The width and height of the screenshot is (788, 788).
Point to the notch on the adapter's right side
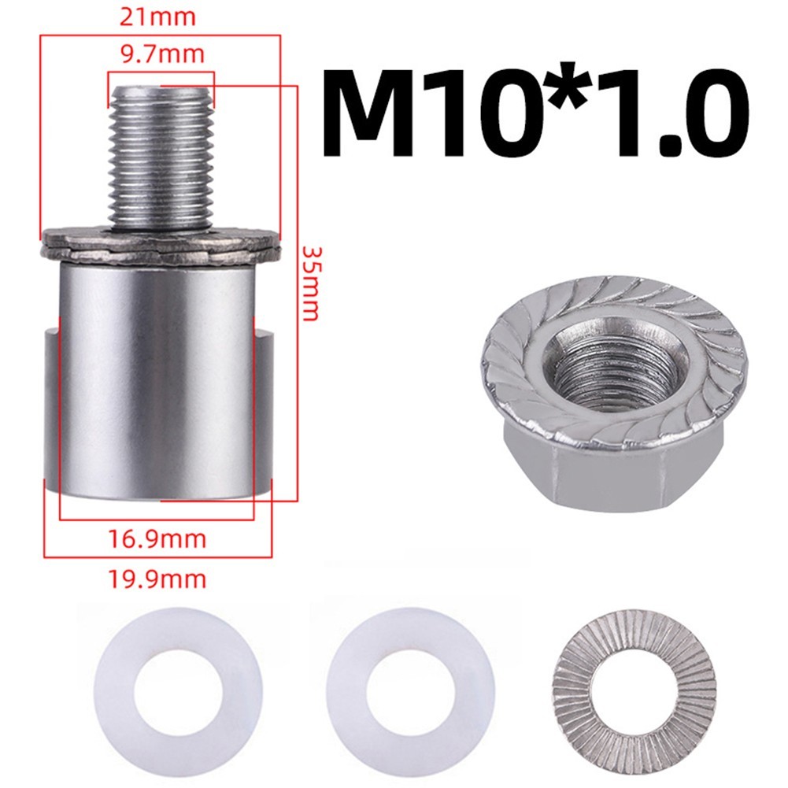point(263,409)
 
